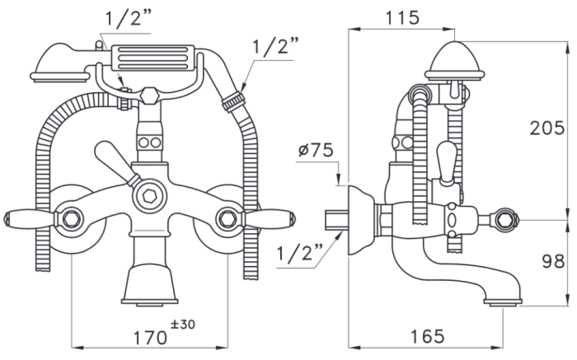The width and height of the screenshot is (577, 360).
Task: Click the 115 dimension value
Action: (402, 17)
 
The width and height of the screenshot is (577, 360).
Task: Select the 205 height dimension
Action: (547, 128)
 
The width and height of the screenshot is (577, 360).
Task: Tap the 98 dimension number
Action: (553, 261)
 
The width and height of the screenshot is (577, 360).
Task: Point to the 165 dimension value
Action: (427, 336)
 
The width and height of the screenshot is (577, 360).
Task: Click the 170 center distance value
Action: (150, 338)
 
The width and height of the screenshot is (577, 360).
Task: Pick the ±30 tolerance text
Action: (183, 325)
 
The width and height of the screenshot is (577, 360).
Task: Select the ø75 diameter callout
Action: (316, 150)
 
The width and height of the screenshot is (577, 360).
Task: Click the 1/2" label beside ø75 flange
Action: (299, 253)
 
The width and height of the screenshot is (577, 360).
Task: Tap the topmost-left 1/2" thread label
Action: (129, 17)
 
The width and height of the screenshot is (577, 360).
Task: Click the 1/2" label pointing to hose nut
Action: (275, 46)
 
